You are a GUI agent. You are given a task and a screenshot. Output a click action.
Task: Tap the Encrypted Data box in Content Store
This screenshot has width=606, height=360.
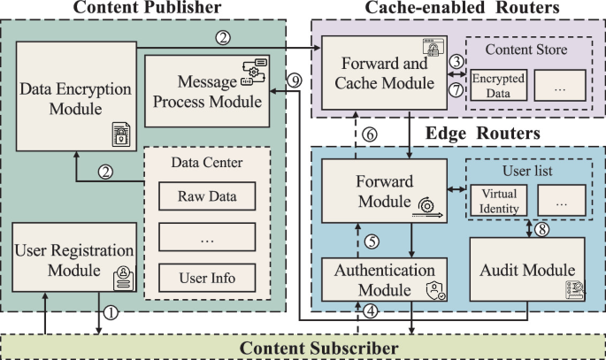496,84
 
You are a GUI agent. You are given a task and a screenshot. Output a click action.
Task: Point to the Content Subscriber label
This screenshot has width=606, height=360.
332,348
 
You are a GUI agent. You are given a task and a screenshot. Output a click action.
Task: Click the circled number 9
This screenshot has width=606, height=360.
295,80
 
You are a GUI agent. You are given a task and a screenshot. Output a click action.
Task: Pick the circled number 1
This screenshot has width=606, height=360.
110,312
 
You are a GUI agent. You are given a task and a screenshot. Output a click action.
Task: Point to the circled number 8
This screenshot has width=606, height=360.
541,227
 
